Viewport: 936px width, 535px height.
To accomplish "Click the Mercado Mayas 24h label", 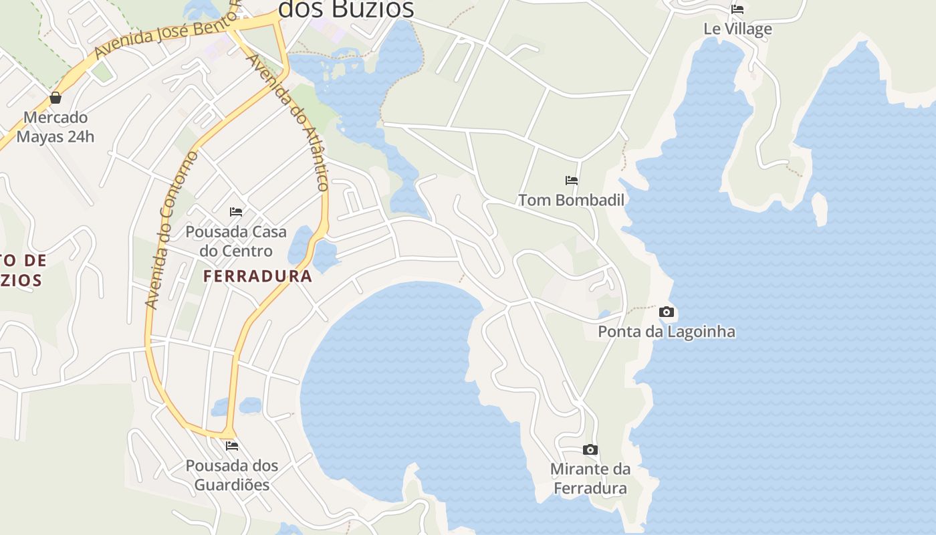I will pyautogui.click(x=55, y=127).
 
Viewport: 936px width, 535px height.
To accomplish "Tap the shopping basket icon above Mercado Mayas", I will pyautogui.click(x=55, y=98).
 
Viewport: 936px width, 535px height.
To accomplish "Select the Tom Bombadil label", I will pyautogui.click(x=571, y=200).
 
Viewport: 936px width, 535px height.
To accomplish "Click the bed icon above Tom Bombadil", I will pyautogui.click(x=571, y=180).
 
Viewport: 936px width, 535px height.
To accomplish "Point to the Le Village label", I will pyautogui.click(x=737, y=29).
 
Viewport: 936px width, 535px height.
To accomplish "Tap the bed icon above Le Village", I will pyautogui.click(x=737, y=9).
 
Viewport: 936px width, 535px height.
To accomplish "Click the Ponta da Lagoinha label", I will pyautogui.click(x=666, y=331).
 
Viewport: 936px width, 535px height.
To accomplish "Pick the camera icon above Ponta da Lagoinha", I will pyautogui.click(x=666, y=312).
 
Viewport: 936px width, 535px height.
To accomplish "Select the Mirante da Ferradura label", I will pyautogui.click(x=590, y=479).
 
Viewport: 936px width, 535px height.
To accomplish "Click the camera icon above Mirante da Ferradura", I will pyautogui.click(x=590, y=449).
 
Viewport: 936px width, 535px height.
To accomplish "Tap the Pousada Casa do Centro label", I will pyautogui.click(x=235, y=241).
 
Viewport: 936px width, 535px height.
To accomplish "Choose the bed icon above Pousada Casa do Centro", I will pyautogui.click(x=235, y=212).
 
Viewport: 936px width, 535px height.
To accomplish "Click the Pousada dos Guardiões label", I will pyautogui.click(x=231, y=475).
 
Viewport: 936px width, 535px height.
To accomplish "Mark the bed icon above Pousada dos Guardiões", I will pyautogui.click(x=231, y=445).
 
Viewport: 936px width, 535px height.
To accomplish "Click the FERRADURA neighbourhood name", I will pyautogui.click(x=257, y=276).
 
